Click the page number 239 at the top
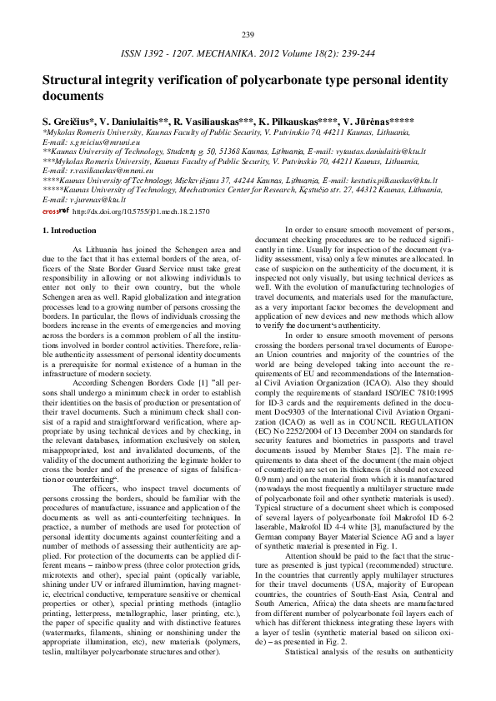pyautogui.click(x=248, y=34)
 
